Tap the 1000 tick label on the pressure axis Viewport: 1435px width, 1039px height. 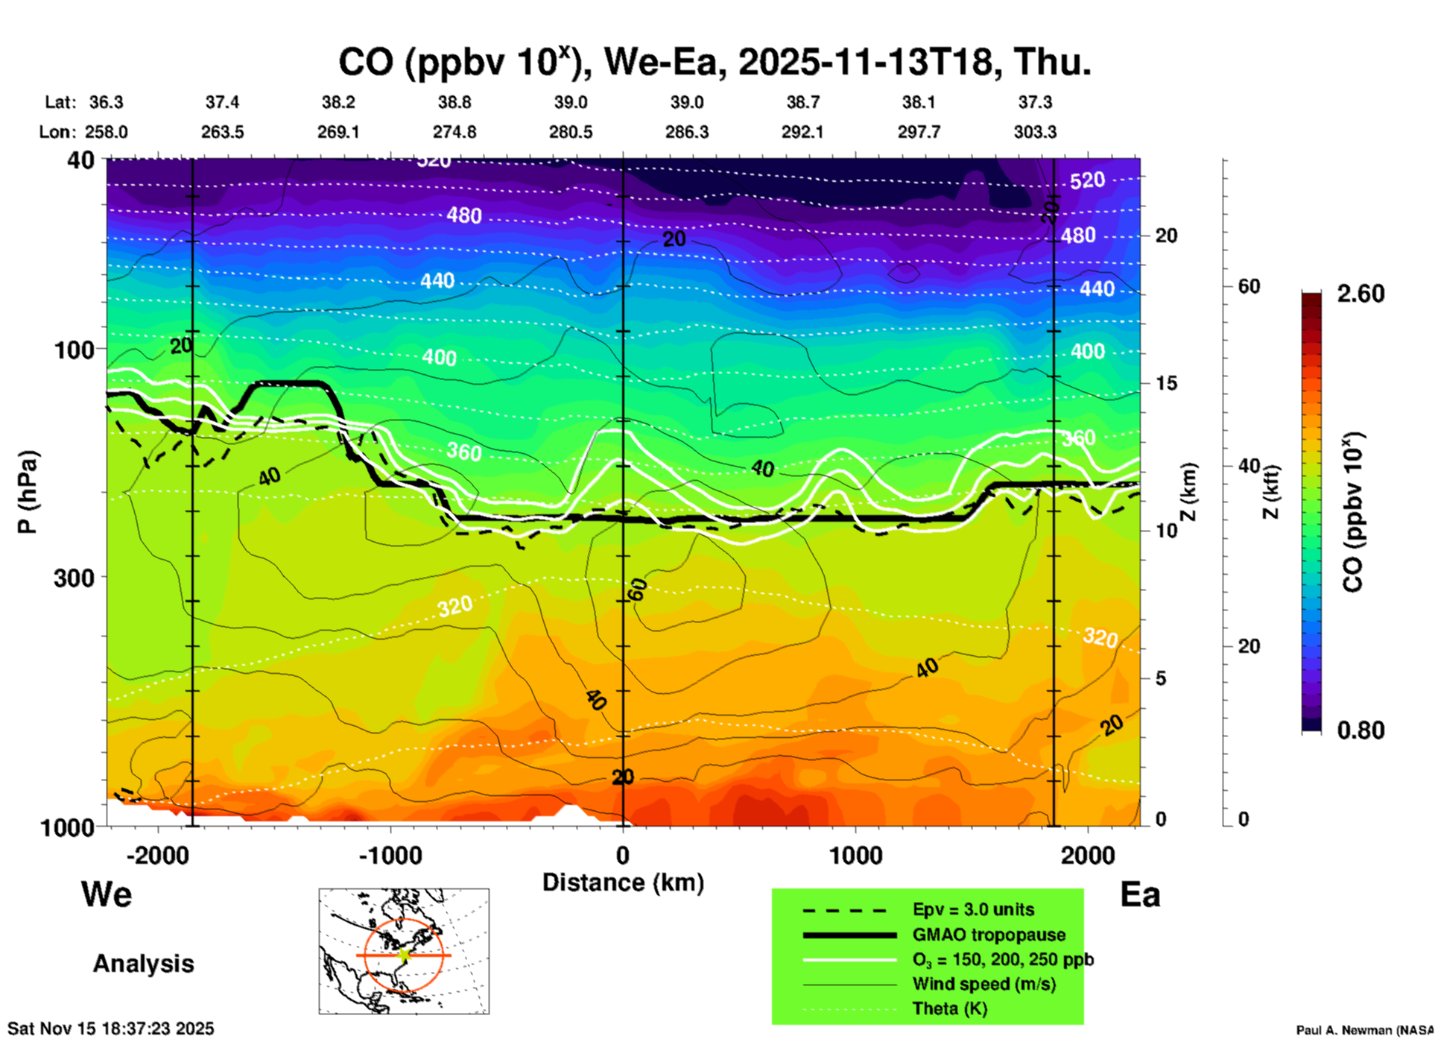coord(72,827)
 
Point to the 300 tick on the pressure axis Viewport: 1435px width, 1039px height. coord(75,578)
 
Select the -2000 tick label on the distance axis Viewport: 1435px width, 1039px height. coord(158,855)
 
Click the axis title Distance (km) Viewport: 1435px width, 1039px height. coord(623,882)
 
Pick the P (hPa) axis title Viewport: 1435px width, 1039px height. coord(27,492)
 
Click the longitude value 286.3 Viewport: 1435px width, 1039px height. coord(686,132)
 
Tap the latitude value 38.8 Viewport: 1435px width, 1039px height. coord(454,102)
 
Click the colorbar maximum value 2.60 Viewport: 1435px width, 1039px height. coord(1360,294)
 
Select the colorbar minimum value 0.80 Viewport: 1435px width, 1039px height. coord(1360,730)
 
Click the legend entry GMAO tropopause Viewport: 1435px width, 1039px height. coord(989,935)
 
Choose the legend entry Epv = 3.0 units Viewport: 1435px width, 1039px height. coord(973,910)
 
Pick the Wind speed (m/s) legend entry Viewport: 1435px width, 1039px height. coord(983,984)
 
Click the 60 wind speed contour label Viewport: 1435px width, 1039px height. coord(639,590)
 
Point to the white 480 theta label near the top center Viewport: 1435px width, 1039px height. coord(464,216)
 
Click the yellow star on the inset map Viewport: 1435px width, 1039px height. coord(404,955)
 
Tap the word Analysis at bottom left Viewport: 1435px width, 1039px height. coord(143,964)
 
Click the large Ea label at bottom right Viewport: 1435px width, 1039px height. coord(1140,895)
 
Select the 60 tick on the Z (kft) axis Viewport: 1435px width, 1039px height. coord(1249,286)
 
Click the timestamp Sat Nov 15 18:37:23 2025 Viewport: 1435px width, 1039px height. coord(111,1029)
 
